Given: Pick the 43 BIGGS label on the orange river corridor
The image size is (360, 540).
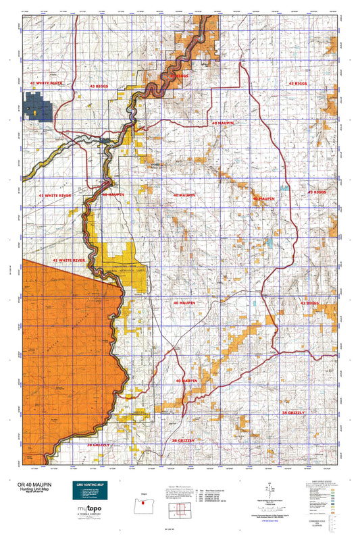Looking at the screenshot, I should pos(178,77).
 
